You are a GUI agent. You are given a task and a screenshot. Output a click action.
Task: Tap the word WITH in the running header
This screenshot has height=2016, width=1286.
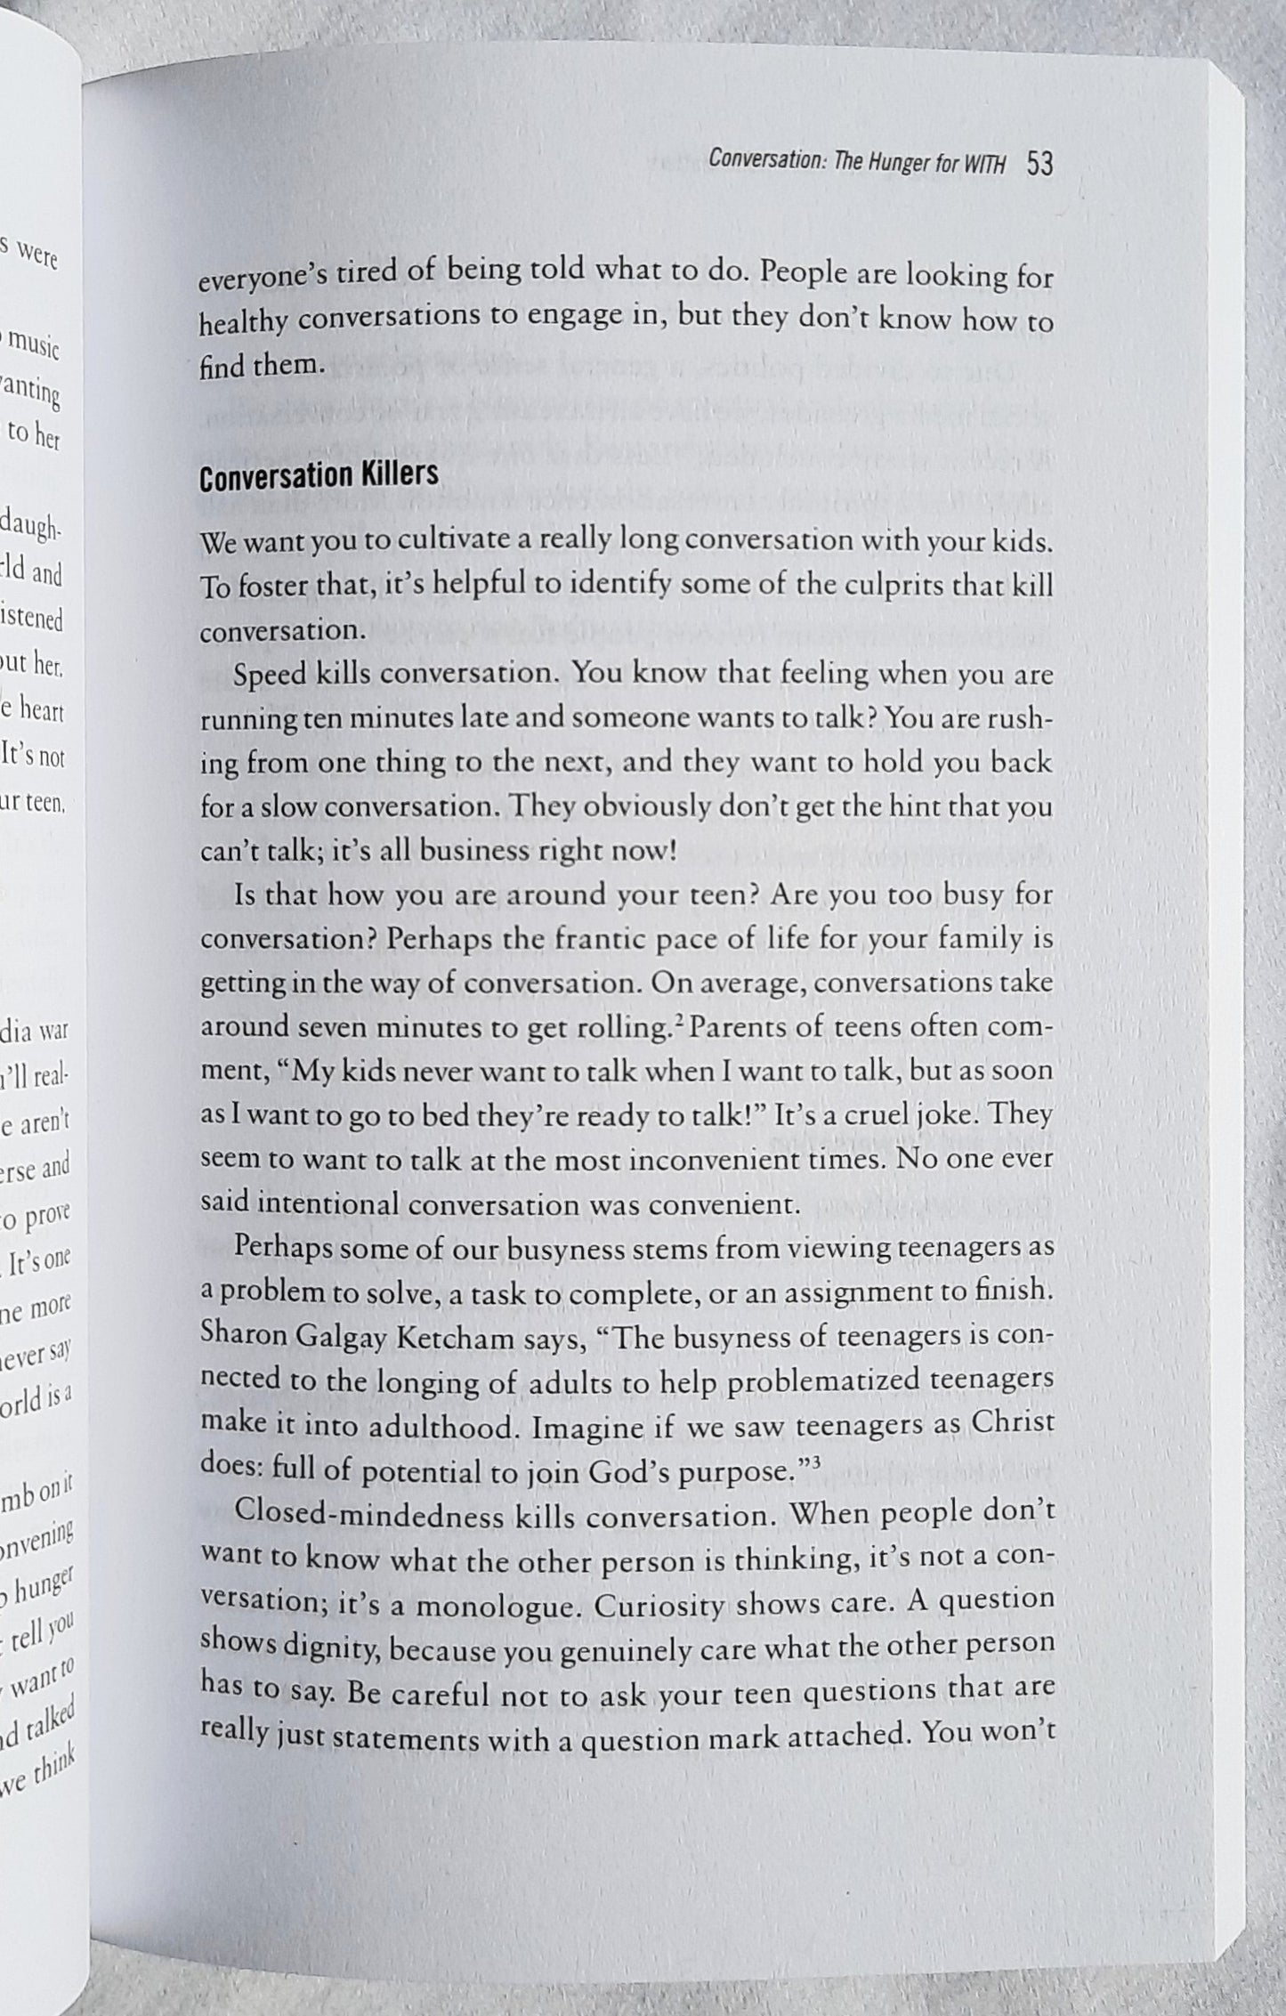[984, 166]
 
